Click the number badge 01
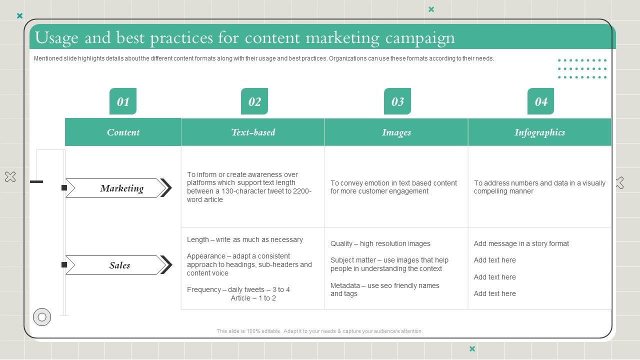click(123, 101)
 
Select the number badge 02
click(254, 101)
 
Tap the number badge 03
click(397, 101)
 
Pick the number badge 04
click(541, 101)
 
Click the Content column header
click(123, 132)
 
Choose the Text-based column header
click(253, 132)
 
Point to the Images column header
click(396, 132)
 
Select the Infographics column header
click(539, 132)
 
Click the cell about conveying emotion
click(393, 187)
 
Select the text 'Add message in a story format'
click(521, 243)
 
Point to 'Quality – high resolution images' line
click(380, 243)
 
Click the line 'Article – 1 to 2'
click(253, 298)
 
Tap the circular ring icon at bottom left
click(42, 317)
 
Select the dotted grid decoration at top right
click(582, 69)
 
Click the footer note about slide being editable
click(319, 331)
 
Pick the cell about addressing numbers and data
click(539, 187)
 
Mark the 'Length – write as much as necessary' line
click(245, 239)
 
